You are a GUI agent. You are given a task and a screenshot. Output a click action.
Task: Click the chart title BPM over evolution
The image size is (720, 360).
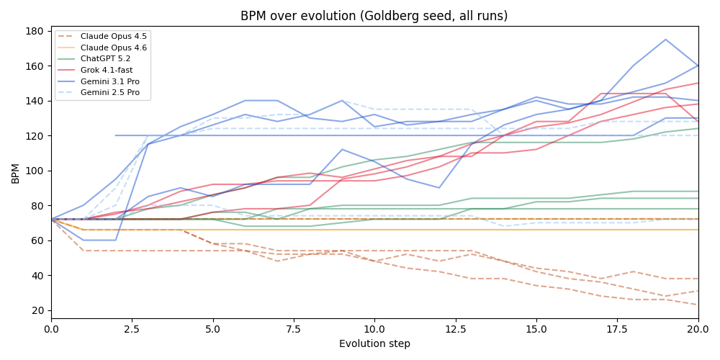point(374,16)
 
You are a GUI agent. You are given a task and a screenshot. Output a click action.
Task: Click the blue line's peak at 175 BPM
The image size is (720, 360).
point(665,40)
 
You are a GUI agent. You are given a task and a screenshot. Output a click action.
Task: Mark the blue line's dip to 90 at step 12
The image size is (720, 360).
point(439,188)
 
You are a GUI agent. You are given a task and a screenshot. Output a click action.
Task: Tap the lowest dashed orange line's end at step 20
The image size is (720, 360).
point(697,305)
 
